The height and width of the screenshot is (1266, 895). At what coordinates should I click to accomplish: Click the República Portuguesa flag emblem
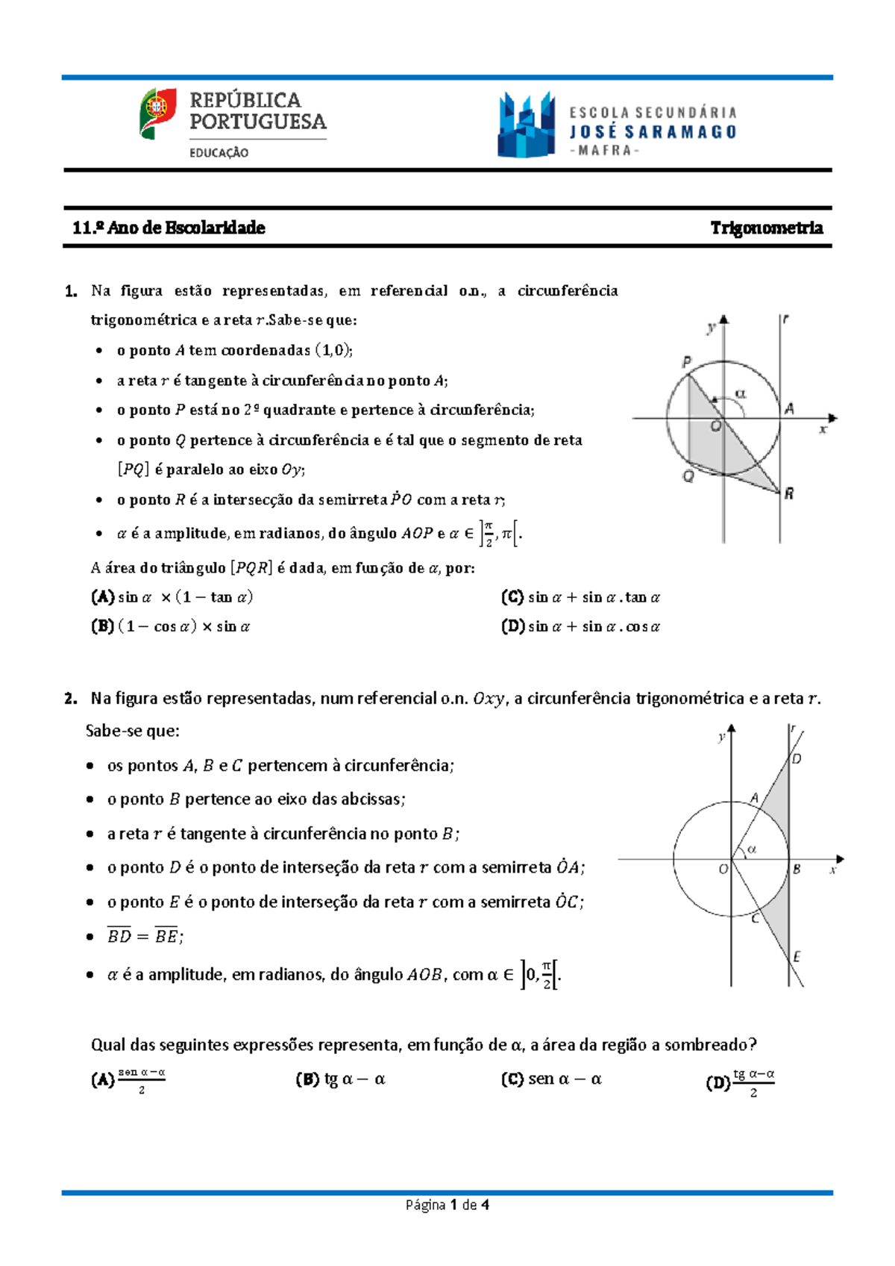coord(157,113)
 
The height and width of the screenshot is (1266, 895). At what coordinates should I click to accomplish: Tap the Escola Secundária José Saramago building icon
coord(527,125)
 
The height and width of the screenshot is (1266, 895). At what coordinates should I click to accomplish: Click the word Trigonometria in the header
coord(766,228)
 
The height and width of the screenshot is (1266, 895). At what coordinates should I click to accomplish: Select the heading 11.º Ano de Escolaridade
coord(169,228)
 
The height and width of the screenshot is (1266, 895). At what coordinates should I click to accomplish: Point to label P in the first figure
coord(687,362)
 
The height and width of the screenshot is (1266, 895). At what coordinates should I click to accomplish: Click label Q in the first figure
coord(688,476)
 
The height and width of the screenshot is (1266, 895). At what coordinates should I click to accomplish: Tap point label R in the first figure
coord(788,493)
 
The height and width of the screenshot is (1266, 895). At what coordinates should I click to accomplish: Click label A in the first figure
coord(788,408)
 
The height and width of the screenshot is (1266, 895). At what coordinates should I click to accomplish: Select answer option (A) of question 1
coord(172,597)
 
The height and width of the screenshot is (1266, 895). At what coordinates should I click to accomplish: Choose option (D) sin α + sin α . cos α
coord(580,627)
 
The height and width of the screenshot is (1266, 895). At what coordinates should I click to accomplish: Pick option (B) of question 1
coord(171,627)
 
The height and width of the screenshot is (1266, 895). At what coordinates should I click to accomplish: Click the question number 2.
coord(71,699)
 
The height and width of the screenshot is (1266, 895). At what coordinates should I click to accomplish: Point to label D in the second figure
coord(797,759)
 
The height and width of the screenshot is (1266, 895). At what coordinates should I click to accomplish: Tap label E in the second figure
coord(797,956)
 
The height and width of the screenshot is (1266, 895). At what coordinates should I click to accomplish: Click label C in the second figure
coord(755,919)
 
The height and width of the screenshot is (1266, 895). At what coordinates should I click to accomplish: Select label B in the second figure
coord(797,870)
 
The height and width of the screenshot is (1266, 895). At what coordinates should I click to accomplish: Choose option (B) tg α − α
coord(341,1079)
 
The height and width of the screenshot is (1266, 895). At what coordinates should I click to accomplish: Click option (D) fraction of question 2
coord(741,1082)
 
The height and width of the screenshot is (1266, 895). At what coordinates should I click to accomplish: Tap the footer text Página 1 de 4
coord(447,1205)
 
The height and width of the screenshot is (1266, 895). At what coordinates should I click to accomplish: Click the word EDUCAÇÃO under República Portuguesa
coord(219,153)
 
